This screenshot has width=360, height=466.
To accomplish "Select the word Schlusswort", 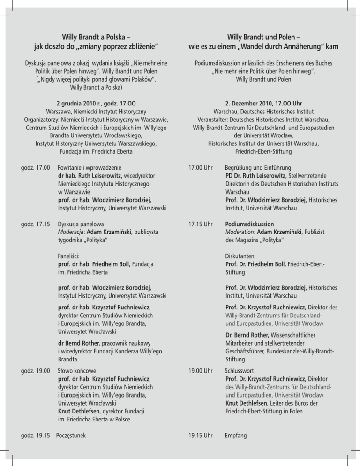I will pyautogui.click(x=242, y=371).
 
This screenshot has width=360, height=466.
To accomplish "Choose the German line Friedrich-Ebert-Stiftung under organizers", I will pyautogui.click(x=263, y=151).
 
